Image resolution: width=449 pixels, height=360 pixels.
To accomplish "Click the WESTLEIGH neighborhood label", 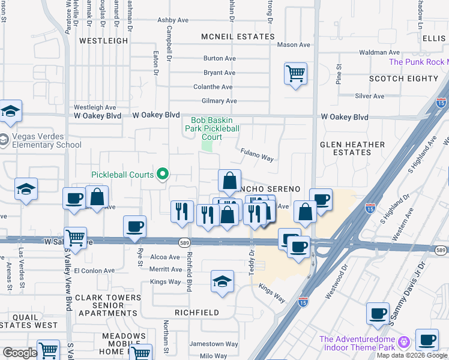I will pyautogui.click(x=104, y=41).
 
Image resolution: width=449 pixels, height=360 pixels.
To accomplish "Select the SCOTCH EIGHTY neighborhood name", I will pyautogui.click(x=404, y=79).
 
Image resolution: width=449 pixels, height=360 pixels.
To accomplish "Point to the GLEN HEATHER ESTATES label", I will pyautogui.click(x=352, y=148).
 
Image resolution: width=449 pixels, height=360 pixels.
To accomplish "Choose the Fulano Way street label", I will pyautogui.click(x=257, y=155).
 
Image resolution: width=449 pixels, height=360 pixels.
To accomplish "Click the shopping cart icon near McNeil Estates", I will pyautogui.click(x=295, y=74).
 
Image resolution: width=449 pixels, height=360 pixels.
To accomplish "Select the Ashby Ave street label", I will pyautogui.click(x=173, y=20).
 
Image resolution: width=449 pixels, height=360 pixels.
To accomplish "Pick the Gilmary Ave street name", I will pyautogui.click(x=220, y=101).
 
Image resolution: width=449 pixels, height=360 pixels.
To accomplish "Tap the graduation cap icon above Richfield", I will pyautogui.click(x=222, y=282).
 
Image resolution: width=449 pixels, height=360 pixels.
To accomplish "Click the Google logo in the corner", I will pyautogui.click(x=20, y=353).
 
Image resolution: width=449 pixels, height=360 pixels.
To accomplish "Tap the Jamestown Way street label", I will pyautogui.click(x=214, y=344).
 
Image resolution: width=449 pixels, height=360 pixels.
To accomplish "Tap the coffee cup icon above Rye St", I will pyautogui.click(x=134, y=226).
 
